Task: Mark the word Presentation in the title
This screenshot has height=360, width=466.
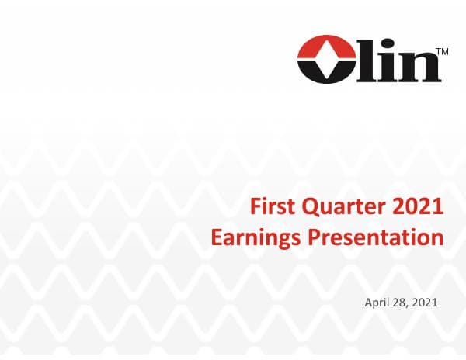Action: [x=377, y=237]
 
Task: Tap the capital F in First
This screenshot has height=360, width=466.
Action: [x=258, y=207]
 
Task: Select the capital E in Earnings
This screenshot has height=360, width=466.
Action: [x=217, y=237]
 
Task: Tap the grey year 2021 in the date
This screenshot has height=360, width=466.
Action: [x=426, y=301]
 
